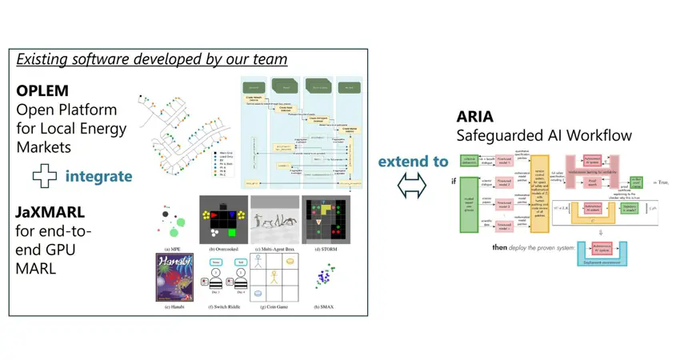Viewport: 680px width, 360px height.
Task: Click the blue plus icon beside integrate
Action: point(44,175)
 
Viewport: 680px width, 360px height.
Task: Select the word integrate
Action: point(99,175)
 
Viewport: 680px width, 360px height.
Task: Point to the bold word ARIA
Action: point(474,117)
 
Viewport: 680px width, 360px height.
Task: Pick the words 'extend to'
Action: point(413,161)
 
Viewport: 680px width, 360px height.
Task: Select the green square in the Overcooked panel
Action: point(231,233)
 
